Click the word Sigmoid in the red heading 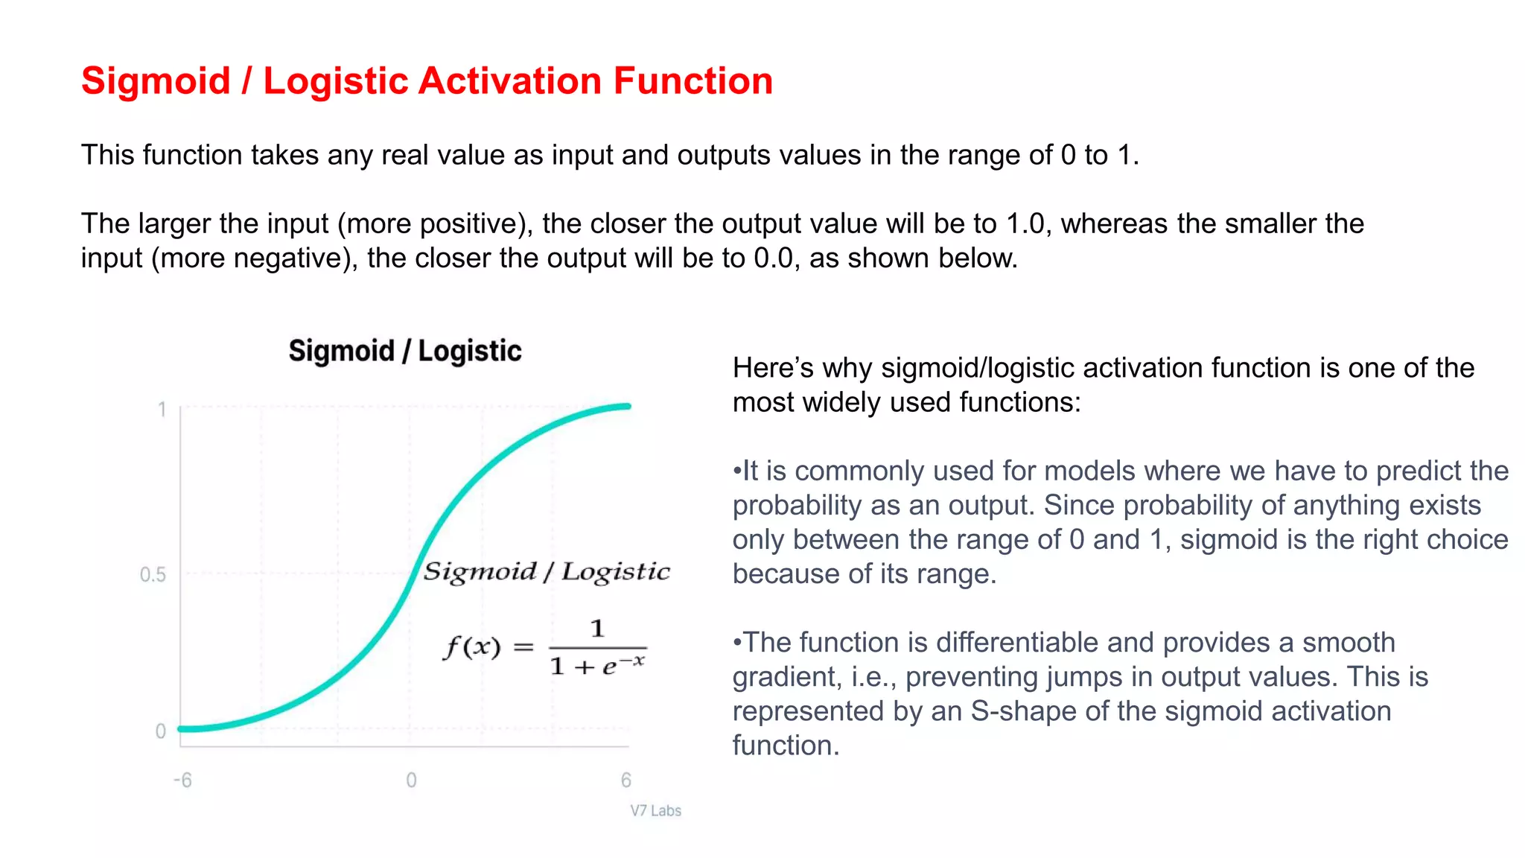pyautogui.click(x=156, y=81)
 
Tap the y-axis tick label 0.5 pyautogui.click(x=153, y=575)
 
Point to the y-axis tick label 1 pyautogui.click(x=162, y=410)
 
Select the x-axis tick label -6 pyautogui.click(x=182, y=781)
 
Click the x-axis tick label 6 pyautogui.click(x=625, y=781)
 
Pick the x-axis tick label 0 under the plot pyautogui.click(x=411, y=781)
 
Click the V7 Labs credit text pyautogui.click(x=655, y=811)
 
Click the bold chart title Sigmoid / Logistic pyautogui.click(x=405, y=351)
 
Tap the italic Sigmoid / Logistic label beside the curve pyautogui.click(x=547, y=572)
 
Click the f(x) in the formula pyautogui.click(x=472, y=646)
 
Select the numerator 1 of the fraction pyautogui.click(x=597, y=629)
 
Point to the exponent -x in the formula pyautogui.click(x=634, y=660)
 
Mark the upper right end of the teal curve pyautogui.click(x=628, y=407)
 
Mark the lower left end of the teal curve pyautogui.click(x=181, y=728)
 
